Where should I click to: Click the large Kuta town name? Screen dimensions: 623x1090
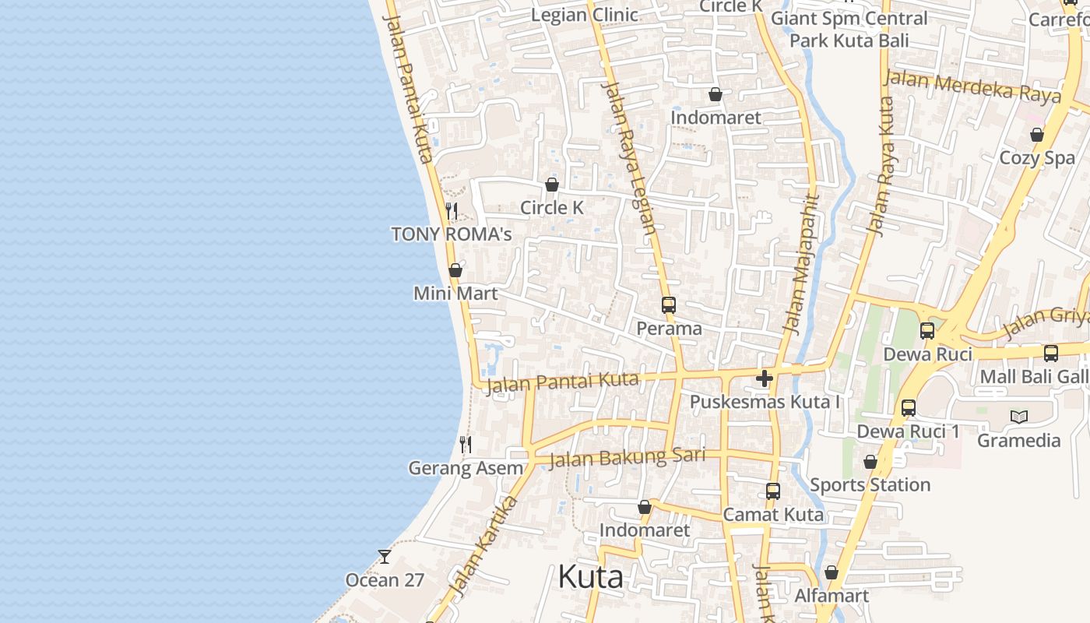[x=591, y=578]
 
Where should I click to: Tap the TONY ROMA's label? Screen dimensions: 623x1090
[x=451, y=234]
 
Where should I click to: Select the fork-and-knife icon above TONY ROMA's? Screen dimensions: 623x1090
[x=451, y=210]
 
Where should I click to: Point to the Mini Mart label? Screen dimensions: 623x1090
[x=455, y=294]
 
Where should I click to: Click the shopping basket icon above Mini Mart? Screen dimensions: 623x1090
[x=455, y=270]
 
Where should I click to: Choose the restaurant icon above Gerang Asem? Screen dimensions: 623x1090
[x=466, y=445]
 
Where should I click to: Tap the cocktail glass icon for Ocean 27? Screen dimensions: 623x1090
[x=385, y=556]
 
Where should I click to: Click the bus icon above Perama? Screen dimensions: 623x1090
[x=669, y=305]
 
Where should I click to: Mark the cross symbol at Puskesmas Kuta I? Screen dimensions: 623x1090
[x=765, y=379]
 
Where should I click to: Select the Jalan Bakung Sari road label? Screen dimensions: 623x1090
[x=627, y=457]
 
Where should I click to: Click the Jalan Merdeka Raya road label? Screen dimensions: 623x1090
[x=972, y=86]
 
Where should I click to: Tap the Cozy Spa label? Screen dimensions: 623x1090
[x=1037, y=158]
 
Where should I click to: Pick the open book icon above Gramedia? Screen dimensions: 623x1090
[x=1019, y=417]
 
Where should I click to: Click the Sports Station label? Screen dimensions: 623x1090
[x=870, y=485]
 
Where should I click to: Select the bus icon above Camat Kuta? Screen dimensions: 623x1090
[x=773, y=491]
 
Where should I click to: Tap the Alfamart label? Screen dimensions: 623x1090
[x=832, y=597]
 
